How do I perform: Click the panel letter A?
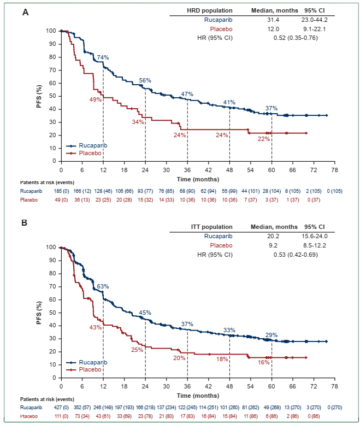tap(26, 11)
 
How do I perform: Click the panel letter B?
tap(26, 223)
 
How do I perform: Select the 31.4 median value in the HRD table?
tap(273, 20)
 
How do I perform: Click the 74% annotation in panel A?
tap(103, 57)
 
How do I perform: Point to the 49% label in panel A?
tap(96, 99)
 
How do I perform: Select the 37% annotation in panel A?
tap(272, 108)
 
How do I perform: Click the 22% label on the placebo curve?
tap(264, 139)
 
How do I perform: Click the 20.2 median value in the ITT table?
tap(273, 236)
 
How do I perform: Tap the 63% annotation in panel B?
tap(103, 286)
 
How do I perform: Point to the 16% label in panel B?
tap(264, 362)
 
